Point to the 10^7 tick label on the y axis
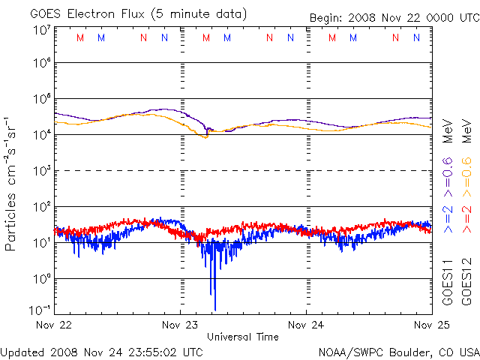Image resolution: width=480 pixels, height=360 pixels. tap(41, 30)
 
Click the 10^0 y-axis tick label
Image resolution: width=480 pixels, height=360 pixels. tap(41, 278)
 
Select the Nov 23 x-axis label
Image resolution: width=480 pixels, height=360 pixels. tap(181, 325)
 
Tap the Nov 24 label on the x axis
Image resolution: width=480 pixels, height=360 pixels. tap(306, 325)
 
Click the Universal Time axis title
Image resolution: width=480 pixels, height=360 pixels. tap(243, 337)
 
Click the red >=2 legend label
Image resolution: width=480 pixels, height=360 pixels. tap(466, 217)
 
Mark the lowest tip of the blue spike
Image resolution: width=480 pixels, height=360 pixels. tap(215, 309)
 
